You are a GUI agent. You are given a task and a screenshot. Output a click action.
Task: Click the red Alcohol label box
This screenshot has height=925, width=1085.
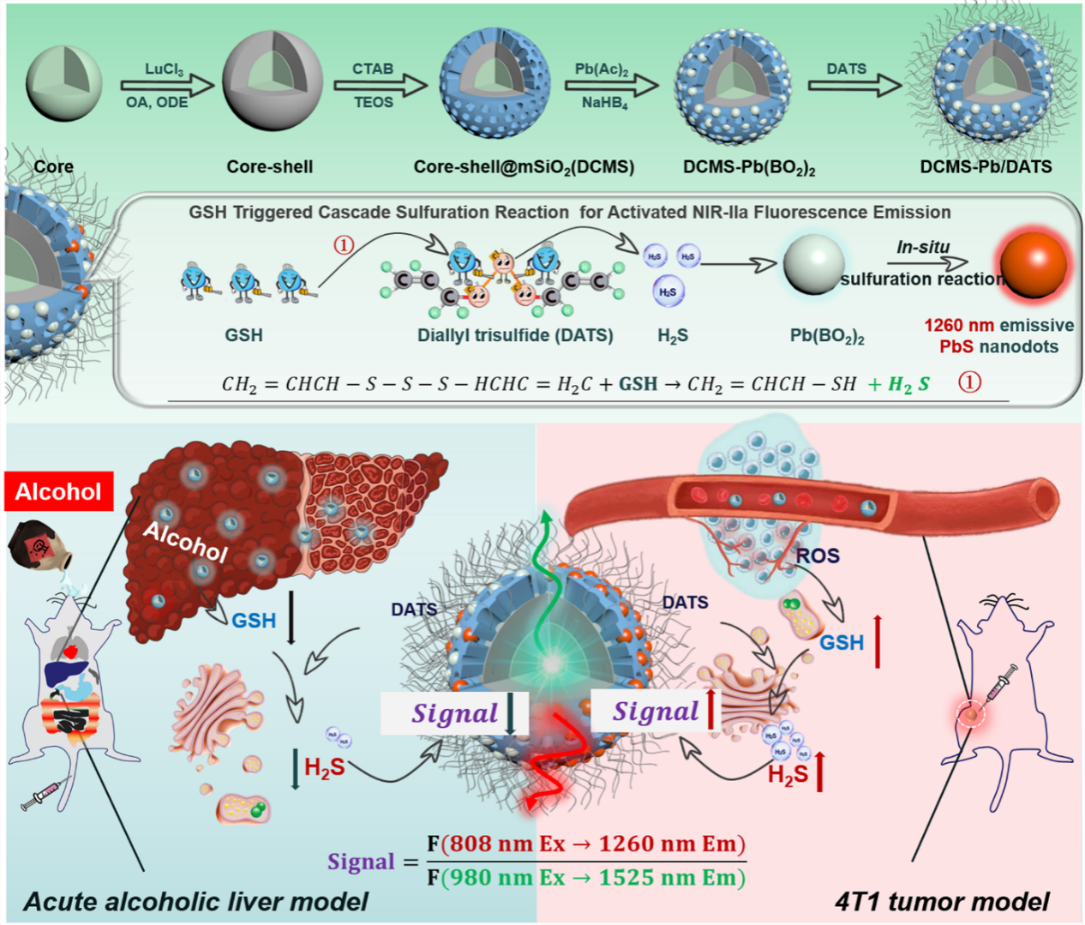tap(58, 491)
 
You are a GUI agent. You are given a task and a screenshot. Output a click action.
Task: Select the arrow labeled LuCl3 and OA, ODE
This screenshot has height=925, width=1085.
tap(167, 85)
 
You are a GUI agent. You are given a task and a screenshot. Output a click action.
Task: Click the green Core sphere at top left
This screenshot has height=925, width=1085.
tap(63, 83)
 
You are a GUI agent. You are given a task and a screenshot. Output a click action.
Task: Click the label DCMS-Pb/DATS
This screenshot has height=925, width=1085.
tap(986, 166)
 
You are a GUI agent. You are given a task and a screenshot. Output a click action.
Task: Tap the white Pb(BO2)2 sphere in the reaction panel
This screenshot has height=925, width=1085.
tap(813, 265)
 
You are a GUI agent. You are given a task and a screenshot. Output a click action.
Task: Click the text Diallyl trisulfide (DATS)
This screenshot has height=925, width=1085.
tap(515, 335)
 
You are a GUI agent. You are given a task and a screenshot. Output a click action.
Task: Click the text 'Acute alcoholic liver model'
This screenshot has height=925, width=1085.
tap(195, 901)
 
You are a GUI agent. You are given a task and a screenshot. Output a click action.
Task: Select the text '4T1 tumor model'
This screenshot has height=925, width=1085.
tap(941, 901)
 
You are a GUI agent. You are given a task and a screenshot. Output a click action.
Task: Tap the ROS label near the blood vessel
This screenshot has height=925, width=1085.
tap(817, 556)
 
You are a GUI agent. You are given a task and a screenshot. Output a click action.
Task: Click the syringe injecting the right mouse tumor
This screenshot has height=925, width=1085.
tap(1001, 684)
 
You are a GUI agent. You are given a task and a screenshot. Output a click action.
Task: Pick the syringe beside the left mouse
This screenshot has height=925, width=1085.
tap(45, 795)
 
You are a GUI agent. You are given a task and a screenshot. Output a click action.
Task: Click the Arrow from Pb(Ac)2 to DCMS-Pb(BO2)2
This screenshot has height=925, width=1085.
tap(610, 85)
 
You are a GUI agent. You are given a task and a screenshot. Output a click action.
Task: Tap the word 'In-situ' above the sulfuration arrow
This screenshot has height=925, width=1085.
tap(923, 247)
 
